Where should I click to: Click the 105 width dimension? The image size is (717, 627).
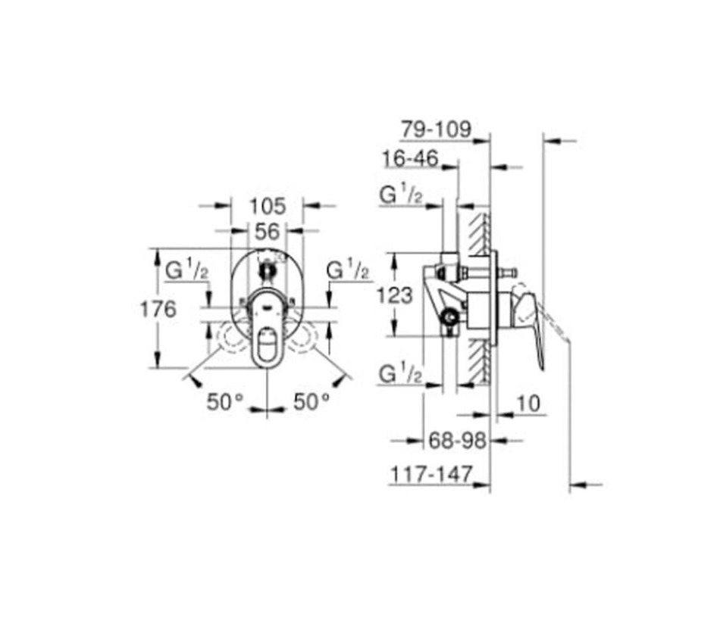pos(268,206)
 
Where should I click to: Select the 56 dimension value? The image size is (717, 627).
pos(267,232)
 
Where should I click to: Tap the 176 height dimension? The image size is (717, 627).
pos(158,310)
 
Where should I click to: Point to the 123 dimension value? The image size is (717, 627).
pos(395,295)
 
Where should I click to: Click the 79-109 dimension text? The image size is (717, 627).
pos(437,129)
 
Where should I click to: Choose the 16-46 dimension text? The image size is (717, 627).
pos(410,158)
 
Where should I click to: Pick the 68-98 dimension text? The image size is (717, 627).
pos(457,441)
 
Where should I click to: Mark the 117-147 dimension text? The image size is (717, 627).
pos(431,474)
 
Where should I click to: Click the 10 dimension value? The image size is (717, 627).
pos(528,404)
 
